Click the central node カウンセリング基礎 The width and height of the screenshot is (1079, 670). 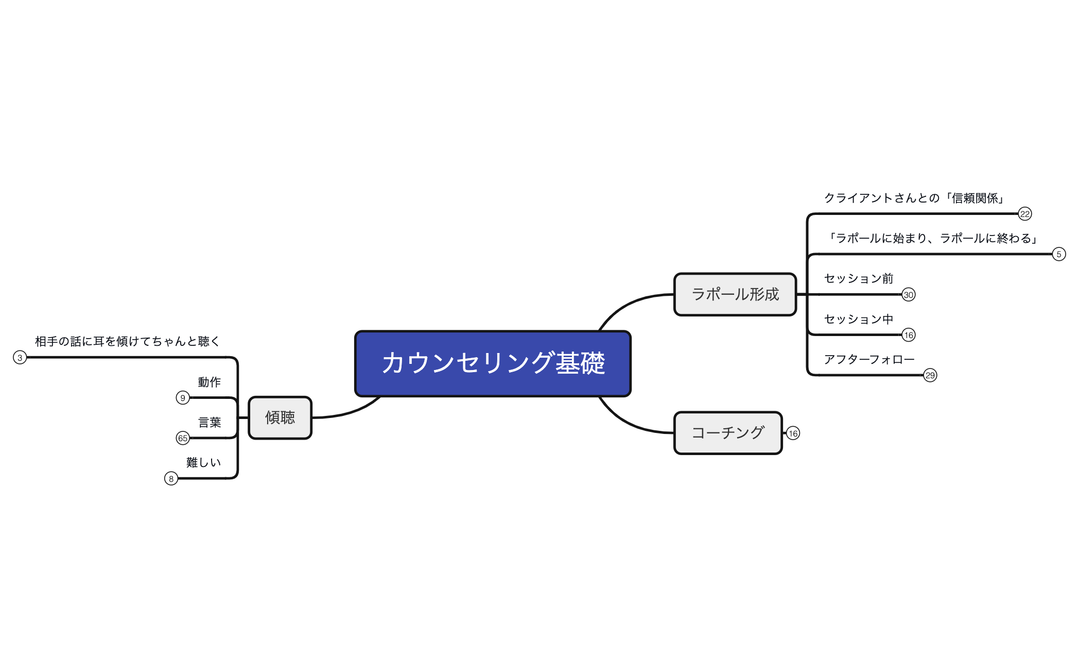coord(493,363)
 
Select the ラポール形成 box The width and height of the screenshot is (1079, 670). coord(735,294)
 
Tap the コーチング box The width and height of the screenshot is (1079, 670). coord(727,433)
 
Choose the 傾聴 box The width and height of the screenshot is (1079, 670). coord(280,417)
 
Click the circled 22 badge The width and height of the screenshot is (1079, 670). coord(1024,214)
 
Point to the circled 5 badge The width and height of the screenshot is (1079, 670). coord(1058,254)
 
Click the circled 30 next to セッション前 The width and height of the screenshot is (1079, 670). coord(908,295)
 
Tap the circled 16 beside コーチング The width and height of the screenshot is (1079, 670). coord(793,433)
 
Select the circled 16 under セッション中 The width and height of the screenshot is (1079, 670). coord(908,335)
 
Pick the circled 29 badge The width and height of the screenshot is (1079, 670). coord(930,375)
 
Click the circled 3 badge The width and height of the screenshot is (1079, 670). coord(20,357)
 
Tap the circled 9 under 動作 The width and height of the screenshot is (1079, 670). coord(183,398)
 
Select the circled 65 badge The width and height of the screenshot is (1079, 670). coord(183,438)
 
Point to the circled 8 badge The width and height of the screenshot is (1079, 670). coord(171,479)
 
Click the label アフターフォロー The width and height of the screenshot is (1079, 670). coord(869,359)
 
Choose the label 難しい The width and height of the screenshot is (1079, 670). coord(204,462)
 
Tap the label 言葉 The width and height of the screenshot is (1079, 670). coord(210,422)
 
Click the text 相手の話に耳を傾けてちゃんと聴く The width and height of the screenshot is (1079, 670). coord(127,341)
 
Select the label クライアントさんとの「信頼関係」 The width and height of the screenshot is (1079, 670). coord(914,198)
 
